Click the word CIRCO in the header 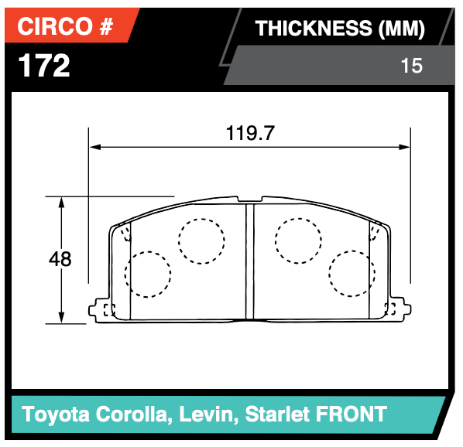53,28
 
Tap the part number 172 44,66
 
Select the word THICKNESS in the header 314,29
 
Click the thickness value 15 413,66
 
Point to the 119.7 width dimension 250,132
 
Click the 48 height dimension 60,259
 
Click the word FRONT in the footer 351,414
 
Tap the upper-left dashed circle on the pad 201,240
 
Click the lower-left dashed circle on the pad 147,274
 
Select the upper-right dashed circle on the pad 298,240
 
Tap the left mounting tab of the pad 101,310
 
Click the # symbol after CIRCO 105,28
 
